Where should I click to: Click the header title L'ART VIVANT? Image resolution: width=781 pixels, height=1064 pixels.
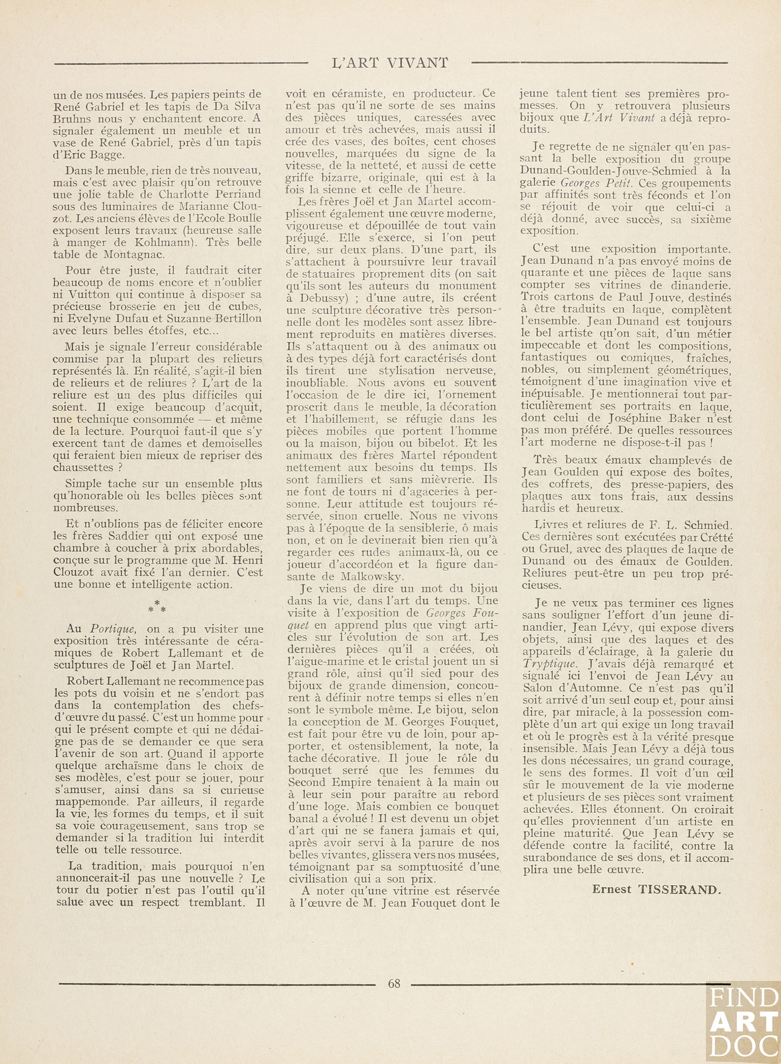click(390, 63)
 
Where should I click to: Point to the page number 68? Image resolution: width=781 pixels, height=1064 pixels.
click(394, 983)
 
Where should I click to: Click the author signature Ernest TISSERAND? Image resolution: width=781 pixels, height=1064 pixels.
click(657, 890)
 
